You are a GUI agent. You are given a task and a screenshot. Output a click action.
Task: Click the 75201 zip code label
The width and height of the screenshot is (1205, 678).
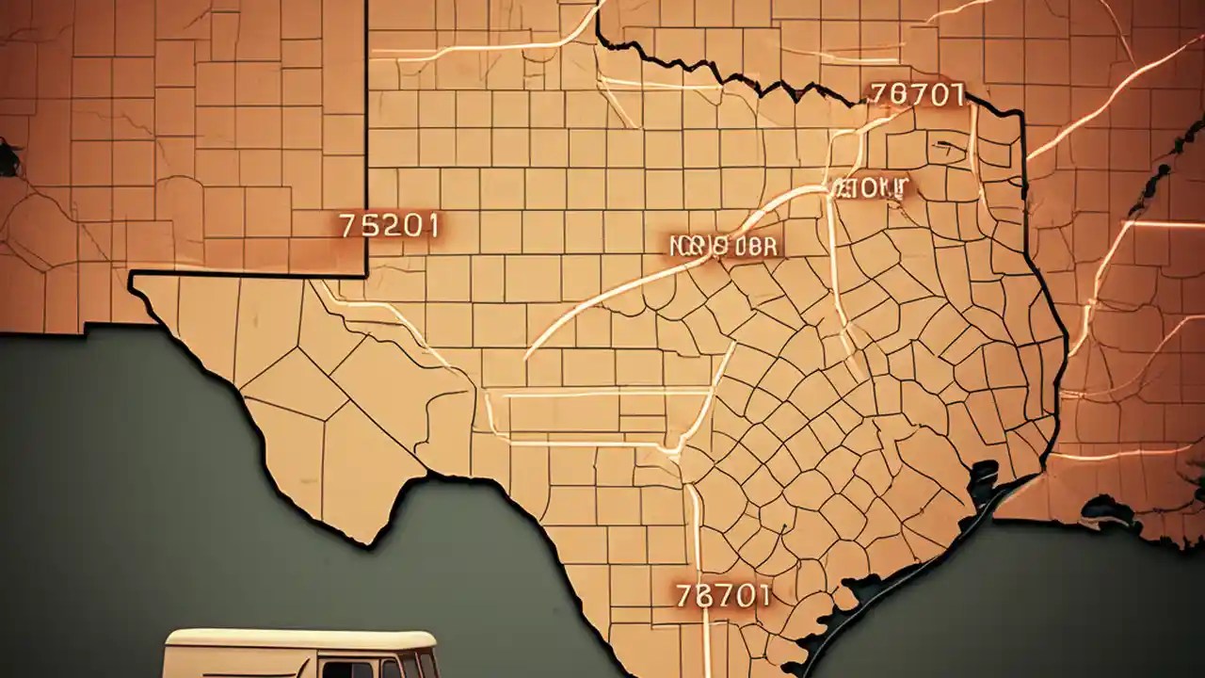point(387,226)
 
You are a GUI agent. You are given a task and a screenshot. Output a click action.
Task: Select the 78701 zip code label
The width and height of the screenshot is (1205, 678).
point(723,595)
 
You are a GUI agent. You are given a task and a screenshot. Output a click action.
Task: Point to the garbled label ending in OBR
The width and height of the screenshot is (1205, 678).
point(724,245)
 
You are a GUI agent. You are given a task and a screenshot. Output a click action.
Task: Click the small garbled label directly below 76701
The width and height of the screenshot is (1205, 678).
point(872,186)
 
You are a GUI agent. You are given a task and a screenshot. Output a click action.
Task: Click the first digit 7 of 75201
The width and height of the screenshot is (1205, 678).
point(345,226)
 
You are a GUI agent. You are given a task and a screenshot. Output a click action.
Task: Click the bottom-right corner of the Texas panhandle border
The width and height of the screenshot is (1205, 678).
point(365,275)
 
